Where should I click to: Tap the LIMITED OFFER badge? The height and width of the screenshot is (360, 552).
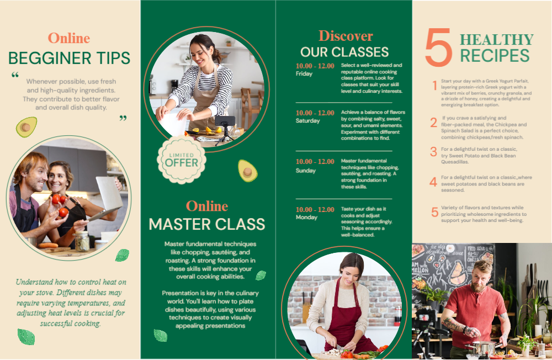click(182, 160)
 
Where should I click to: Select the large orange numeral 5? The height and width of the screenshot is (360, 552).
click(439, 47)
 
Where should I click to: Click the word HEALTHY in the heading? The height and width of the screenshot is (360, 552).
click(497, 39)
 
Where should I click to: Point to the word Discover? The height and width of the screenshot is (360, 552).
click(346, 36)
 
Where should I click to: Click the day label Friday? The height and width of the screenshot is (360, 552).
click(304, 73)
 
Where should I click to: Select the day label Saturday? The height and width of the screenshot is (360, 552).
click(307, 120)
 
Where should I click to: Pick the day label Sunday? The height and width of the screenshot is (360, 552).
click(306, 171)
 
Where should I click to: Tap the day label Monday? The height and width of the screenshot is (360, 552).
click(306, 218)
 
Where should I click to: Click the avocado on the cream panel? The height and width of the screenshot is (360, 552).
click(26, 127)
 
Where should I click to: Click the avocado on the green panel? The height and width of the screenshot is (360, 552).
click(247, 171)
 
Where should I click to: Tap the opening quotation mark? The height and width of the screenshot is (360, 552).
click(15, 75)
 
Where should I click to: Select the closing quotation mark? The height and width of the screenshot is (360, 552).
click(123, 118)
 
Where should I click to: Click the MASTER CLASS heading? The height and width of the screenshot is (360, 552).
click(207, 224)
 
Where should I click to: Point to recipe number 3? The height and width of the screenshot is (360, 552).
click(433, 152)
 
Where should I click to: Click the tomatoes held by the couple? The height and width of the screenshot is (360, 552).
click(60, 205)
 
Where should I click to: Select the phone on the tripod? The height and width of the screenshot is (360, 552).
click(225, 121)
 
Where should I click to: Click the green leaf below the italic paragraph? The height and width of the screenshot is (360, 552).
click(26, 336)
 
